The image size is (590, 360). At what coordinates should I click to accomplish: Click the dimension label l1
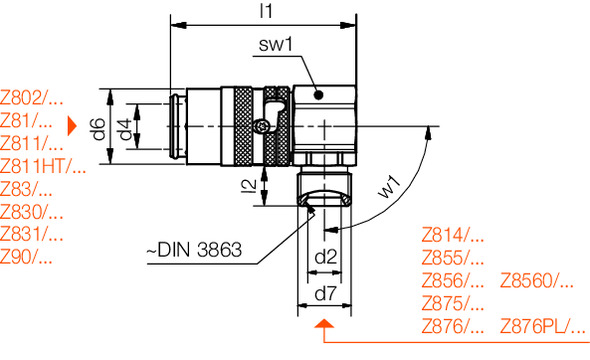coord(266,11)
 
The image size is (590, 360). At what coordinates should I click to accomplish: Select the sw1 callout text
coord(276,44)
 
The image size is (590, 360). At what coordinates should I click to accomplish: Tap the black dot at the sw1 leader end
coord(319,95)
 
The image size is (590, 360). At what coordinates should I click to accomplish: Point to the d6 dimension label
coord(99,129)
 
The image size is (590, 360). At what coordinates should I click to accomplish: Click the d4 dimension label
coord(125,129)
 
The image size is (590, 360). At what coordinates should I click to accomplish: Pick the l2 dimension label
coord(249,186)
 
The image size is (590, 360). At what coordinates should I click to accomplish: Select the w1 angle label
coord(389,187)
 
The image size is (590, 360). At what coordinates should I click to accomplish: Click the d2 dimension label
coord(325,257)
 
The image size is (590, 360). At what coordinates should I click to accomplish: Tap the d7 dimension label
coord(325,293)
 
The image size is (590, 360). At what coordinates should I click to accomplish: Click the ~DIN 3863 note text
coord(194,250)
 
